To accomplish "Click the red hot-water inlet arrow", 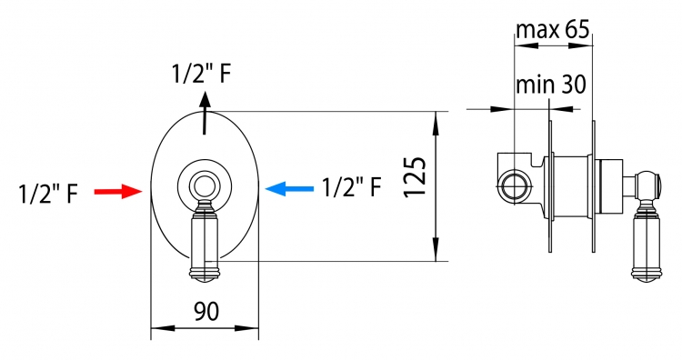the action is [x=118, y=191].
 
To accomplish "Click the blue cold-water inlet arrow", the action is [x=289, y=189].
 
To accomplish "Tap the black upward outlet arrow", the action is [x=205, y=113].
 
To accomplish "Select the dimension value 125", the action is [x=415, y=177].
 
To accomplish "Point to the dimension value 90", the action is [x=206, y=311].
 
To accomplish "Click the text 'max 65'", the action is [x=553, y=30].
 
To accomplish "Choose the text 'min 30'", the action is [x=551, y=85].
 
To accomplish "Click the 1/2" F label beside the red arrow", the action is [x=48, y=194].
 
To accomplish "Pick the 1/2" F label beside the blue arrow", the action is [x=351, y=187].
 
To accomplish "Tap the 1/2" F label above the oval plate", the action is [x=201, y=74].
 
